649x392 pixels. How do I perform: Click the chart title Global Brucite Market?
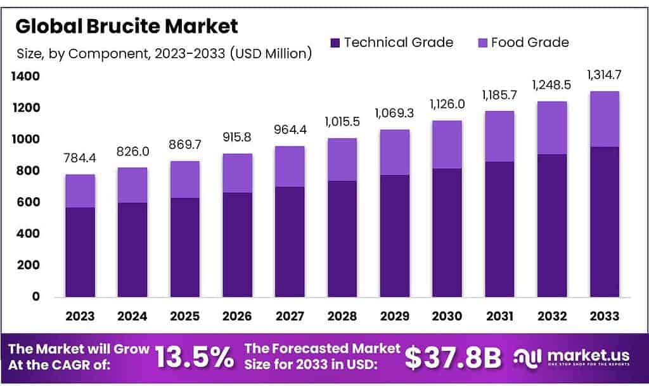tap(127, 26)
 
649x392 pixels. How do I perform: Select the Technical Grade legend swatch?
tap(335, 43)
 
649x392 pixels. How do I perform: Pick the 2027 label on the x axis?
tap(290, 316)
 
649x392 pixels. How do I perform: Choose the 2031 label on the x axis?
tap(499, 316)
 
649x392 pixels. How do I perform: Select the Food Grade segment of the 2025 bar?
tap(185, 180)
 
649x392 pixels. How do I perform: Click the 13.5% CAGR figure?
tap(194, 358)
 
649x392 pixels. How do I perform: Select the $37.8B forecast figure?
tap(453, 358)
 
